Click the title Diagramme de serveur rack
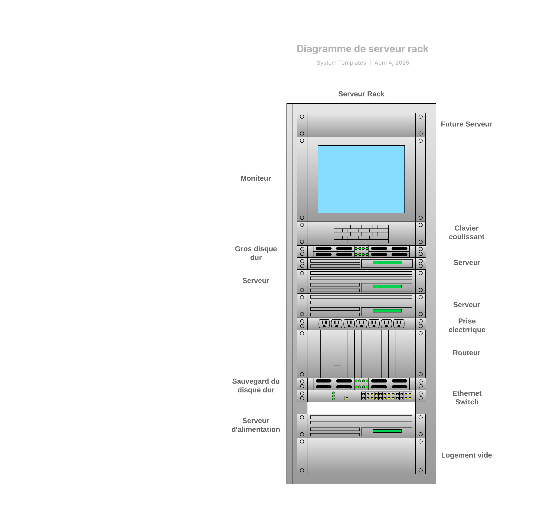click(x=362, y=49)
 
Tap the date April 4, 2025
click(x=391, y=63)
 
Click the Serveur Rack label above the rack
click(x=361, y=94)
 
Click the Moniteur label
click(x=256, y=178)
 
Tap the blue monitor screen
click(x=361, y=179)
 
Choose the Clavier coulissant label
click(x=466, y=232)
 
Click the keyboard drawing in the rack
click(x=361, y=234)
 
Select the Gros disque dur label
click(x=256, y=253)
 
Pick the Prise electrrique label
click(x=467, y=325)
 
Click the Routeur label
click(x=466, y=353)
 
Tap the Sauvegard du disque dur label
click(x=256, y=386)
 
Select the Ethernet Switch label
click(x=467, y=398)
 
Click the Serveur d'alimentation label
click(x=256, y=425)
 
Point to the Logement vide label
click(x=466, y=455)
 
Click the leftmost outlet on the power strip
click(x=324, y=324)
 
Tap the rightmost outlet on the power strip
click(x=399, y=324)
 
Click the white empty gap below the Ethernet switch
click(x=361, y=408)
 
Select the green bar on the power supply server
click(x=387, y=431)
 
